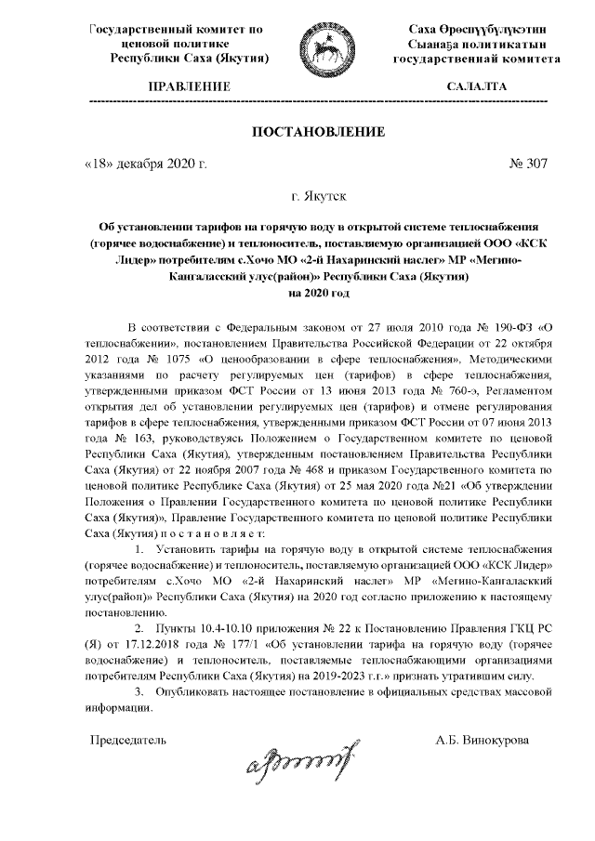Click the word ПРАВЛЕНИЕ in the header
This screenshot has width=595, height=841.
pyautogui.click(x=190, y=85)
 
